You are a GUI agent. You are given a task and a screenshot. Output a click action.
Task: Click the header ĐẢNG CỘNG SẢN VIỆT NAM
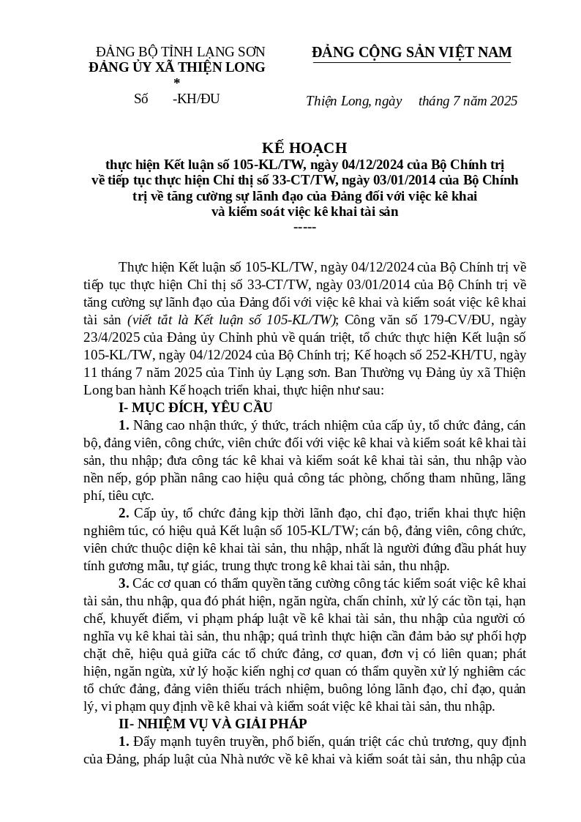[x=412, y=52]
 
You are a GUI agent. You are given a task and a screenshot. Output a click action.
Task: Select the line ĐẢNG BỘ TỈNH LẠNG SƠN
[x=181, y=52]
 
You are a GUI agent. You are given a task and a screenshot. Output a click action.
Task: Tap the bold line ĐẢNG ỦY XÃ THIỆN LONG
[x=177, y=67]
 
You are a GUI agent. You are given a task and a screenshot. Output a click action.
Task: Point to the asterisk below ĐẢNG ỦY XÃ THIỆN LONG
[x=176, y=82]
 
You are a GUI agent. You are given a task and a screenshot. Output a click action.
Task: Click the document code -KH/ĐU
[x=195, y=99]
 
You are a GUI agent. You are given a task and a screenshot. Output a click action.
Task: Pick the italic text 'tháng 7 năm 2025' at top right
[x=468, y=101]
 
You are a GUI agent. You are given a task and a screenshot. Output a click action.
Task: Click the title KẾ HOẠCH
[x=304, y=148]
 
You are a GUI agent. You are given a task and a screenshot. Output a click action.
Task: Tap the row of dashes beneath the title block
[x=304, y=227]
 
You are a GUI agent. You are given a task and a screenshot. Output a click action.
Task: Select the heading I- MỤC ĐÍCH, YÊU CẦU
[x=195, y=407]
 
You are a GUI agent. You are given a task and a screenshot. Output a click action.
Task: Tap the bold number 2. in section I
[x=124, y=513]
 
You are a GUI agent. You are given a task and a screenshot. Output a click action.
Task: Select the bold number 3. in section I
[x=124, y=583]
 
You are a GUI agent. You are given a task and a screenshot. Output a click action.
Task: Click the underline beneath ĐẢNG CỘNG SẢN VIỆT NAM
[x=412, y=63]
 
